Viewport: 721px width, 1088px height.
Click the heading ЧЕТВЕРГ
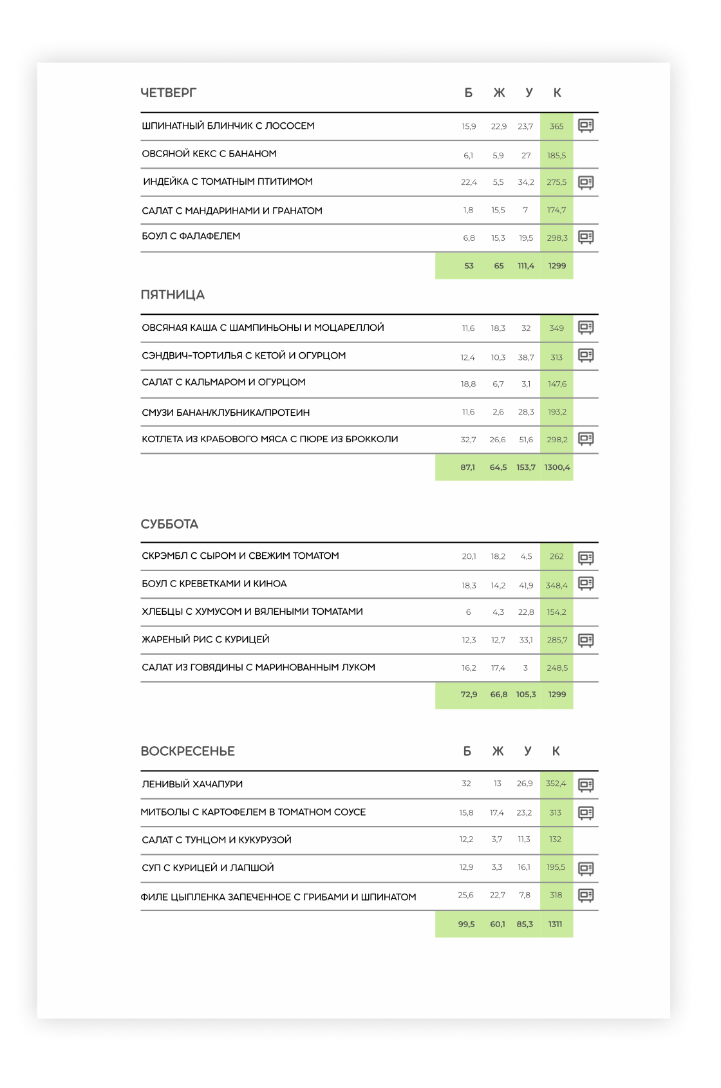(168, 93)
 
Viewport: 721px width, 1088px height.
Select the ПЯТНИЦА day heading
(173, 295)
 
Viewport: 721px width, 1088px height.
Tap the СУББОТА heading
(169, 524)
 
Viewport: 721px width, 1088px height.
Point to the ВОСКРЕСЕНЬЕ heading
(187, 751)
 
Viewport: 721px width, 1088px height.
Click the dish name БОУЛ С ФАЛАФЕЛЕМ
(191, 236)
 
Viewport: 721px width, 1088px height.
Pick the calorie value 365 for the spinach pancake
(557, 126)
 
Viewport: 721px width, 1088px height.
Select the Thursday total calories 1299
(557, 266)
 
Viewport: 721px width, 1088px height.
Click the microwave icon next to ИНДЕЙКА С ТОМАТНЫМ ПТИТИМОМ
(586, 182)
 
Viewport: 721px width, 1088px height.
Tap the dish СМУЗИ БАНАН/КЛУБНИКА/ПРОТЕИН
(226, 412)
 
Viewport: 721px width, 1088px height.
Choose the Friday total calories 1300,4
(557, 467)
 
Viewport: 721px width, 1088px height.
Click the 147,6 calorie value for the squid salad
(557, 384)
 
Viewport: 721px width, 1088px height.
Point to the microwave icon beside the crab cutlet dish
(586, 439)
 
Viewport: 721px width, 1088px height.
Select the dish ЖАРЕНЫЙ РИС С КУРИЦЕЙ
(205, 639)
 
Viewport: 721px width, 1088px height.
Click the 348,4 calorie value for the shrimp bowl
(557, 586)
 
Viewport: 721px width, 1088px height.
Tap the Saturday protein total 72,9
(469, 695)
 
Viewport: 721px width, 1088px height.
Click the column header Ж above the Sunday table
(498, 751)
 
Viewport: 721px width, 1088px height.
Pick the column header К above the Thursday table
(557, 93)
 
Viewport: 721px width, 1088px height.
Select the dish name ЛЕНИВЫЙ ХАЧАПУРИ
(192, 784)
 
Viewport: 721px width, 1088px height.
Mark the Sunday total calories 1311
(556, 924)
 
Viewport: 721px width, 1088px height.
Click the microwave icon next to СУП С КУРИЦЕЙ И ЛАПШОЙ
(586, 868)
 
